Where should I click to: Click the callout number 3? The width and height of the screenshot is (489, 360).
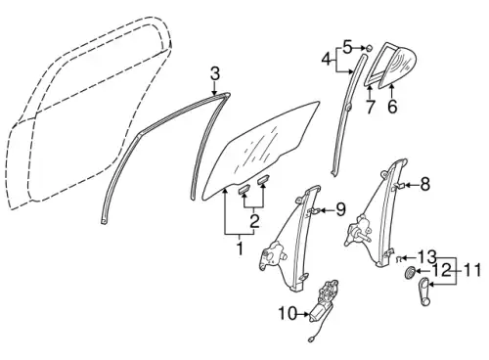pos(215,74)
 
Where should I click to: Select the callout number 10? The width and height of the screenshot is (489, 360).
pos(288,314)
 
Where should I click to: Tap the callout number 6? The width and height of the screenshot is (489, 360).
pos(392,107)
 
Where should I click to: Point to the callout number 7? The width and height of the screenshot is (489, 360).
pos(370,107)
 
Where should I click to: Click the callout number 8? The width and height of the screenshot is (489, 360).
pos(424,185)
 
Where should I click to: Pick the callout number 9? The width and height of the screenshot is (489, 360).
pos(340,209)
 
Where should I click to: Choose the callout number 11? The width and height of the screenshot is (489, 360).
pos(471,270)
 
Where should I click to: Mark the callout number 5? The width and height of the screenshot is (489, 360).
pos(347,48)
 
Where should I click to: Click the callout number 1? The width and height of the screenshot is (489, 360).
pos(240,248)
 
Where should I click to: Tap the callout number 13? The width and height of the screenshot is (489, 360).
pos(426,257)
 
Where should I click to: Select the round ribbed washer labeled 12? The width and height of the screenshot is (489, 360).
pos(409,272)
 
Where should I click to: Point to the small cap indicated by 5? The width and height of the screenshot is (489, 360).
pos(368,48)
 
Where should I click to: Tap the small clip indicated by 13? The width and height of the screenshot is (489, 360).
pos(398,259)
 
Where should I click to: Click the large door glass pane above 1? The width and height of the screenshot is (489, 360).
pos(261,150)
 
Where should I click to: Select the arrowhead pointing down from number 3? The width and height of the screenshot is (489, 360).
pos(214,92)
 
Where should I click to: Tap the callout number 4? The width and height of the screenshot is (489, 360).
pos(328,60)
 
